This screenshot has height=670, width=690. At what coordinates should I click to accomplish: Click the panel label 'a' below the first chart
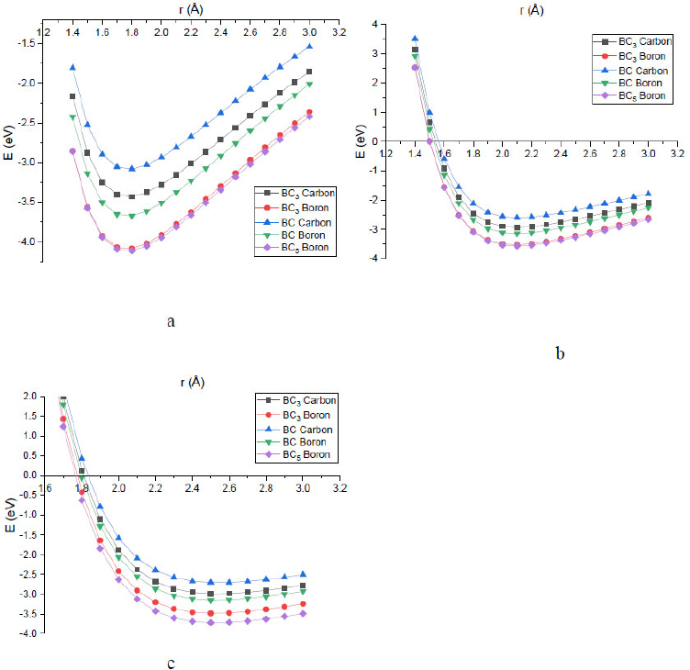click(x=172, y=320)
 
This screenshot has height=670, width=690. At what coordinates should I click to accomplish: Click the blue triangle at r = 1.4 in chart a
click(x=72, y=67)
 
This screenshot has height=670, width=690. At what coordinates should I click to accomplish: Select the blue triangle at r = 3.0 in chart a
click(x=309, y=46)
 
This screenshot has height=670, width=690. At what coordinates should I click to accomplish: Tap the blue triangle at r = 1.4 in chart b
click(x=415, y=39)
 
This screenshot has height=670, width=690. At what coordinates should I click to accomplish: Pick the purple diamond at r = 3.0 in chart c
click(x=303, y=613)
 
